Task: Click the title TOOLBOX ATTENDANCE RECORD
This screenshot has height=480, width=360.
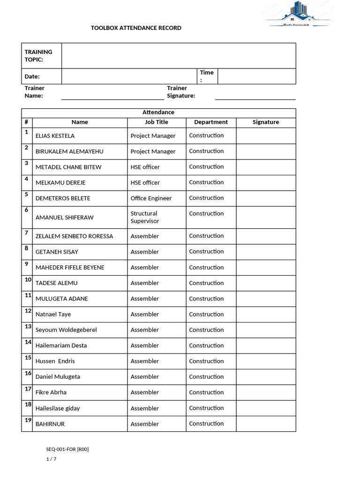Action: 136,28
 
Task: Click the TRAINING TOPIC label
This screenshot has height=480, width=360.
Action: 38,56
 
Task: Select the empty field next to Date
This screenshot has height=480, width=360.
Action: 129,76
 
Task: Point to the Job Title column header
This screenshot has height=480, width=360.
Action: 156,122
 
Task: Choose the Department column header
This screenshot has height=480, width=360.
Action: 211,122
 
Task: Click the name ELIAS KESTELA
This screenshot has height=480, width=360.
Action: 55,136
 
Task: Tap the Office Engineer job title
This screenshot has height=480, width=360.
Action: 151,198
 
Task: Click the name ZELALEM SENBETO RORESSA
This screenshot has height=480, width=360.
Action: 74,236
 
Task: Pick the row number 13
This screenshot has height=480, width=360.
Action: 28,326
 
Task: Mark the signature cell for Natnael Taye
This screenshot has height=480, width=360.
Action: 266,314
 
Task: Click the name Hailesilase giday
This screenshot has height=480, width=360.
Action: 58,408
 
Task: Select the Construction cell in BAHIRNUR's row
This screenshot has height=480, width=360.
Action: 206,424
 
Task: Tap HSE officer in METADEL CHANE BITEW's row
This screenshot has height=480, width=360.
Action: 145,167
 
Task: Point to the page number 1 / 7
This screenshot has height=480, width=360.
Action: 51,459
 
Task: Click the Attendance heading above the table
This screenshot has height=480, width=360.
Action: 158,112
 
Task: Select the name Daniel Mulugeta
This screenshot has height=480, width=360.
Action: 58,377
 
